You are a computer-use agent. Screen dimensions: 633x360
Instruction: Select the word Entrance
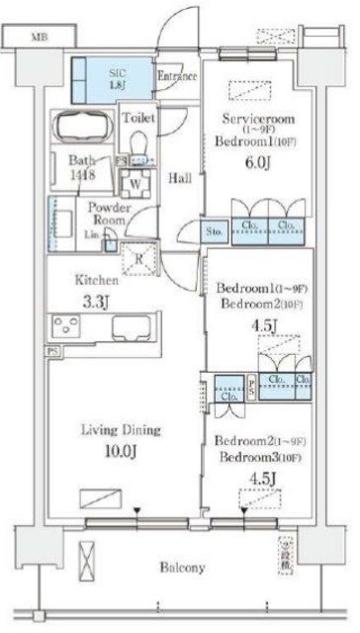pos(177,75)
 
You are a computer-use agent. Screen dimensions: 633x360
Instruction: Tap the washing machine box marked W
pos(132,182)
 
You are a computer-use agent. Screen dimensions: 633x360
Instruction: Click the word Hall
pos(179,178)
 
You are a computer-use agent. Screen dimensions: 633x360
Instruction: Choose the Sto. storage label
pos(215,233)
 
